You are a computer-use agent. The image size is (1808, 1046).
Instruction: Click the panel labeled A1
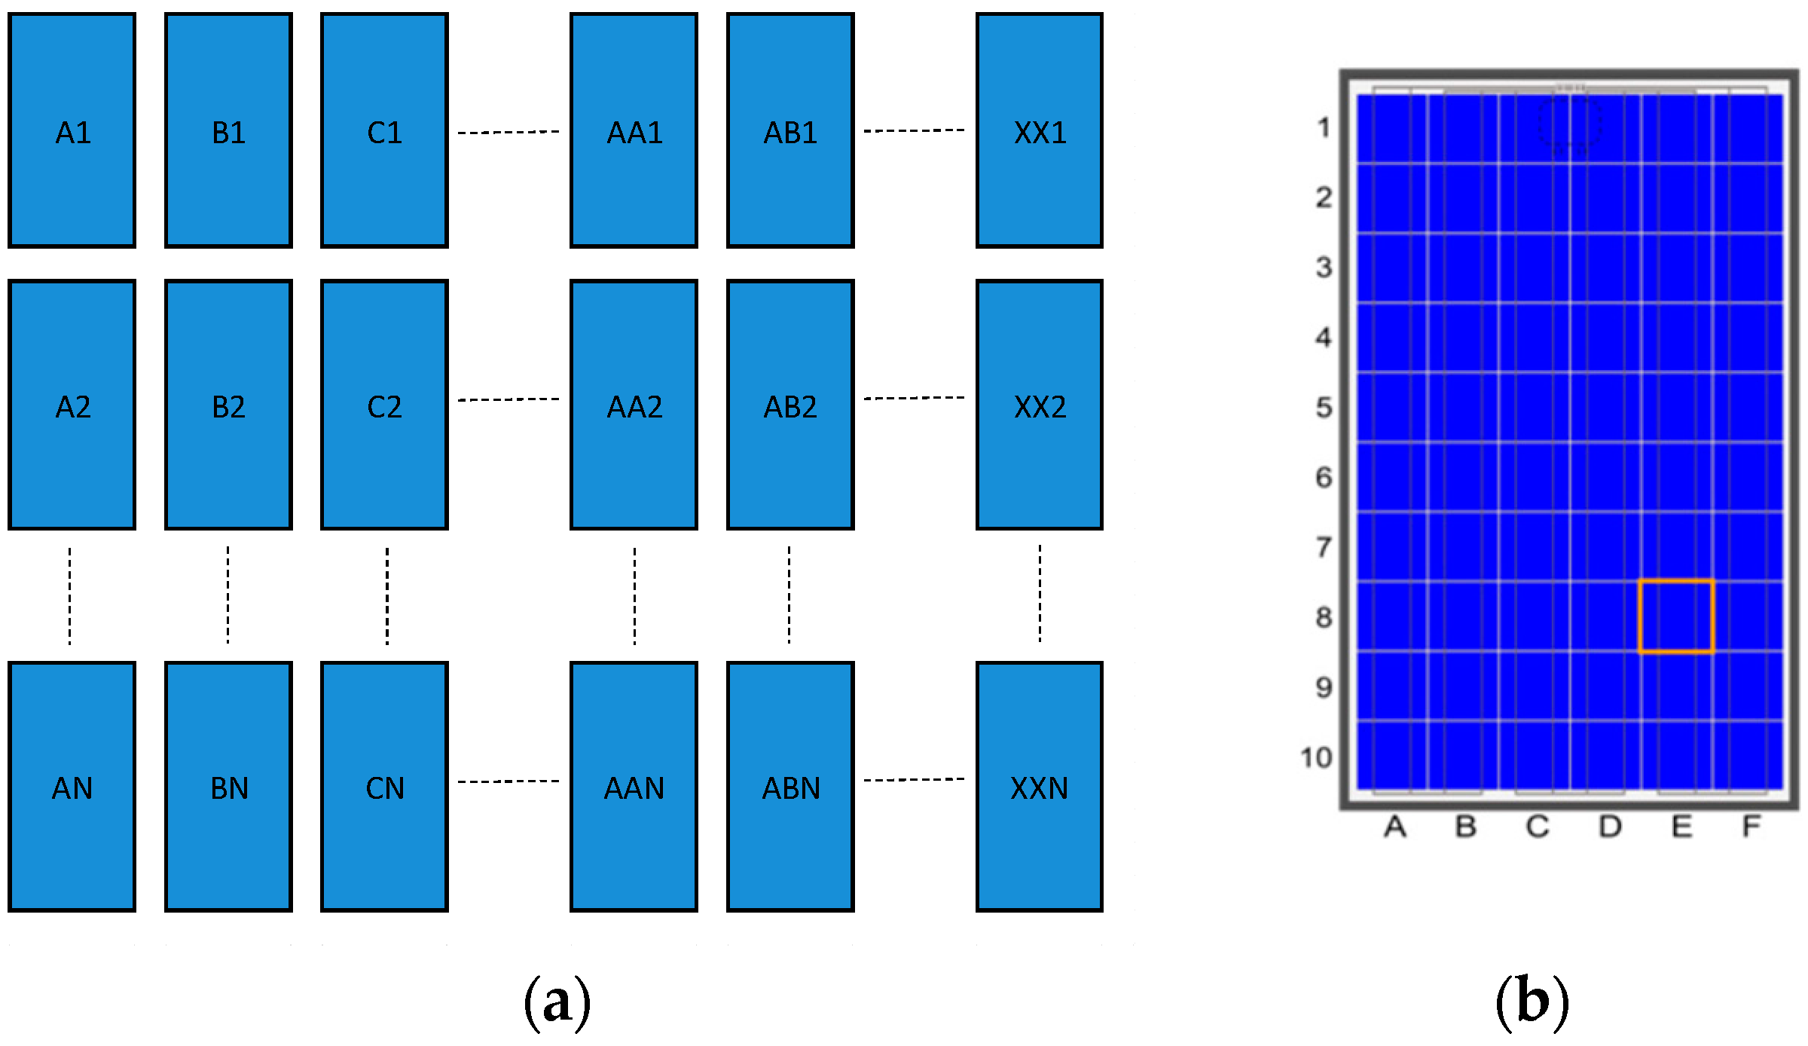point(72,130)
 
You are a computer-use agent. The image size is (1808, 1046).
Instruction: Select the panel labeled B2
point(228,405)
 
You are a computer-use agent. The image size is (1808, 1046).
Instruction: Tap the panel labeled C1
point(384,130)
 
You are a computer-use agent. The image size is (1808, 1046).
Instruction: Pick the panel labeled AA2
point(634,405)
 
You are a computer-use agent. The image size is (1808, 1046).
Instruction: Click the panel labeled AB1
point(790,130)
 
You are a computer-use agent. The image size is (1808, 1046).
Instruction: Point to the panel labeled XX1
point(1040,130)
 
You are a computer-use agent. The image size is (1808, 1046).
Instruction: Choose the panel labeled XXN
point(1040,787)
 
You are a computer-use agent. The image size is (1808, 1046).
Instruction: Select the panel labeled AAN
point(634,787)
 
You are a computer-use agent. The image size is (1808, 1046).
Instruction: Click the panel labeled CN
point(384,787)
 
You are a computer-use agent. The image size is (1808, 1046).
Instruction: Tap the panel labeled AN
point(72,787)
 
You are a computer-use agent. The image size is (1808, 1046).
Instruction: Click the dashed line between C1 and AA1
point(508,133)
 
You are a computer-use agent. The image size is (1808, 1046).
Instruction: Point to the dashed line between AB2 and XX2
point(914,398)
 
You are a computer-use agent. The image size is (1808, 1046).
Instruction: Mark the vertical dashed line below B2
point(228,595)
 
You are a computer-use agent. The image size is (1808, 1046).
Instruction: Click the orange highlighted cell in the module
point(1675,616)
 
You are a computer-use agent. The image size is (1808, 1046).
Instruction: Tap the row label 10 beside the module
point(1316,757)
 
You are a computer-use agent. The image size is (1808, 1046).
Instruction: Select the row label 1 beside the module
point(1324,127)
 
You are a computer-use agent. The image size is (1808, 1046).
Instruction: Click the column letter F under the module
point(1751,827)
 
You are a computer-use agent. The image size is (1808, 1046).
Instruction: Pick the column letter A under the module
point(1394,827)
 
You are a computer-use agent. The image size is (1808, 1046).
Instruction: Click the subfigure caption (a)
point(557,1003)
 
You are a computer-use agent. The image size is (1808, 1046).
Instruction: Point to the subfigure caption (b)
point(1532,1003)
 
